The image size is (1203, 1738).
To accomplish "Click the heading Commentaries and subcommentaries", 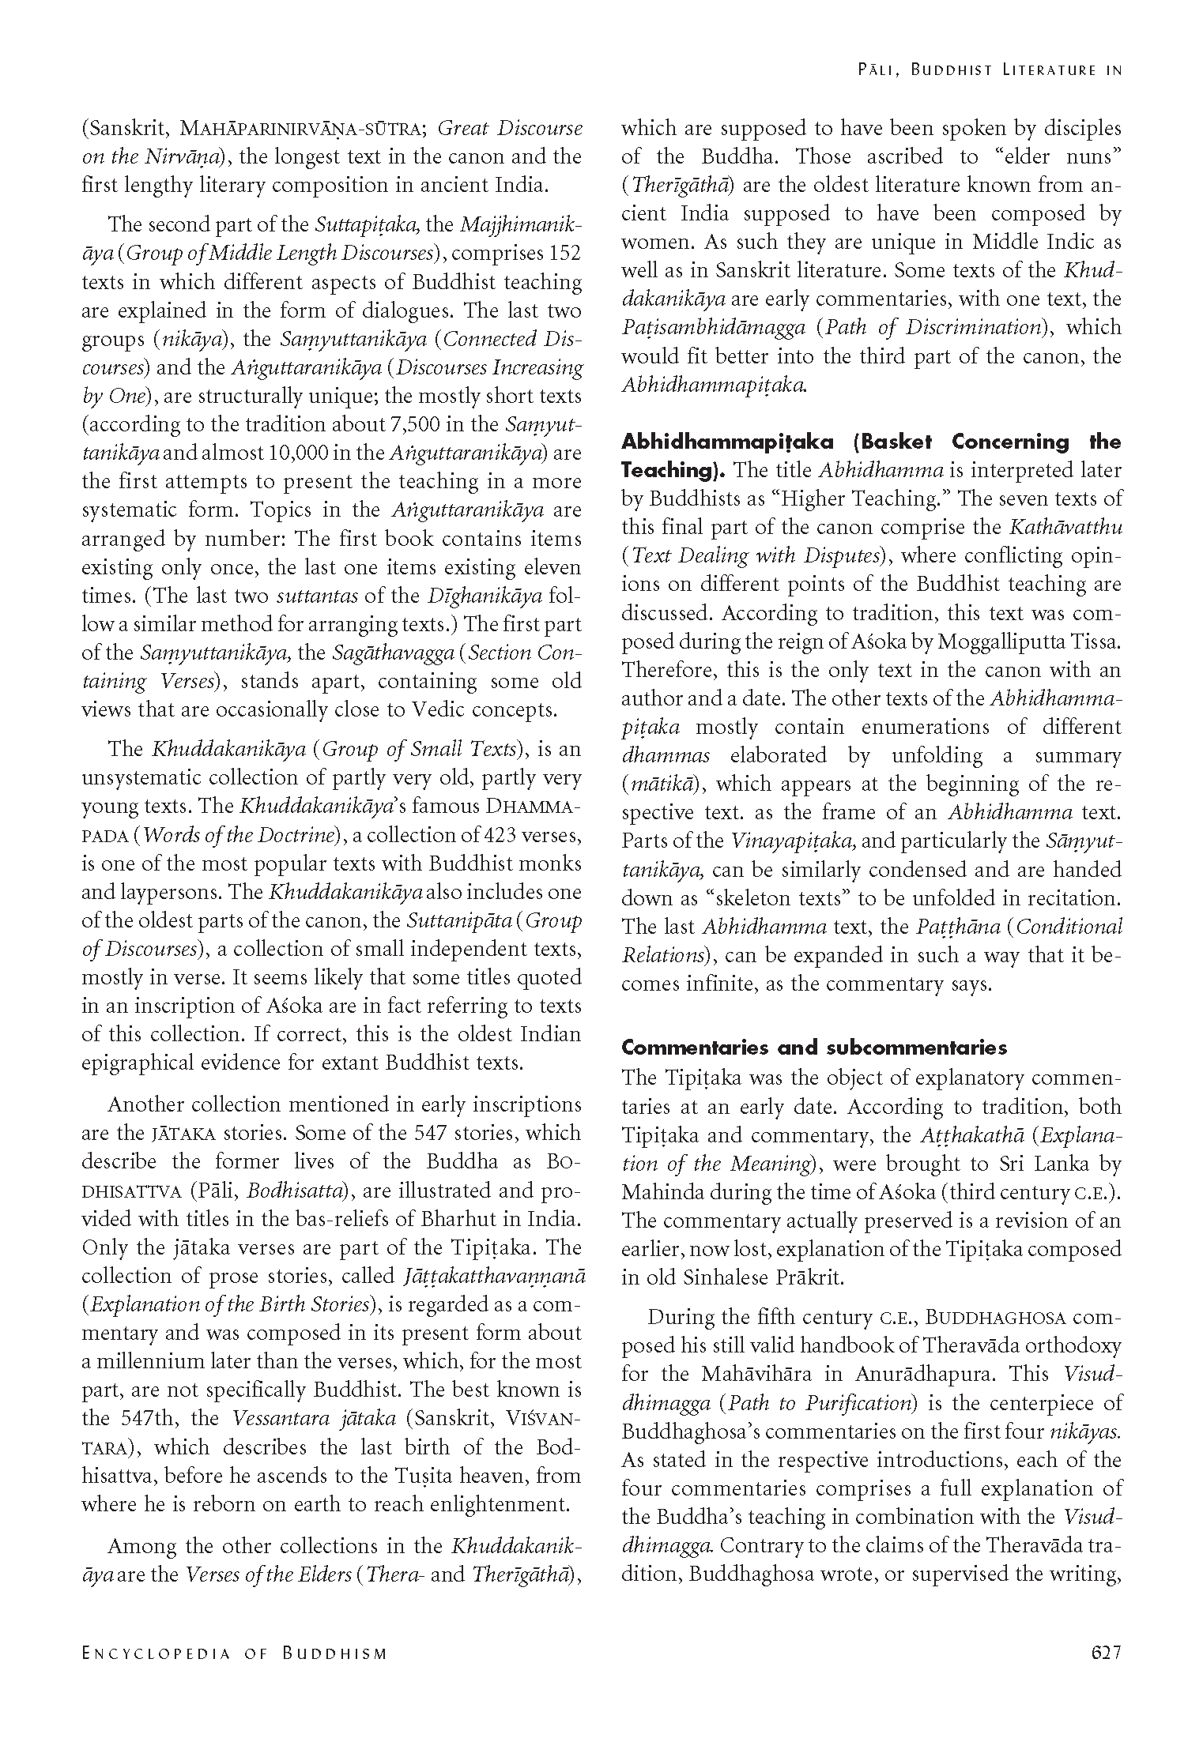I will [x=814, y=1048].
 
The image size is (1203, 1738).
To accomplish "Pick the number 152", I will [x=563, y=254].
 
